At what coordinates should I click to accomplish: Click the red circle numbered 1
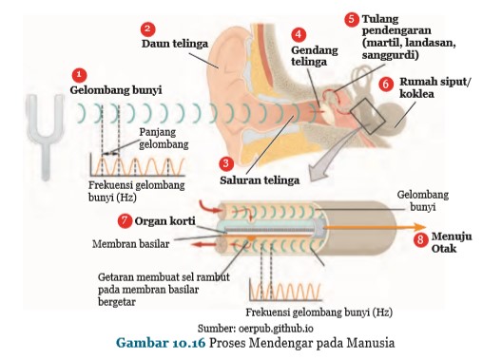click(80, 75)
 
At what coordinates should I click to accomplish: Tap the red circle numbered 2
click(147, 29)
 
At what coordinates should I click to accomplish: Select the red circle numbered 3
click(226, 163)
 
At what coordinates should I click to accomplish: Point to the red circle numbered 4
click(299, 34)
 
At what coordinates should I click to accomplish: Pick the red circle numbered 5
click(352, 19)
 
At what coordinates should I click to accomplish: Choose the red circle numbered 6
click(386, 85)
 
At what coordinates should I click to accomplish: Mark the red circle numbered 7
click(125, 220)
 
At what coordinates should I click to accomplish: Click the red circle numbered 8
click(420, 239)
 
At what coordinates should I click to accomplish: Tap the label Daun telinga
click(175, 44)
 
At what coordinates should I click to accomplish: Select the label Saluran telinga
click(260, 180)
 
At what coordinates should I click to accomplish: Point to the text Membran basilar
click(130, 244)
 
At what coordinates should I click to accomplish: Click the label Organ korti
click(164, 221)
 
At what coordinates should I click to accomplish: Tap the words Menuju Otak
click(452, 242)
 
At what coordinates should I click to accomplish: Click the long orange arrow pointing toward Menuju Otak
click(375, 227)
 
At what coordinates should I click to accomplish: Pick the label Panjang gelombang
click(164, 138)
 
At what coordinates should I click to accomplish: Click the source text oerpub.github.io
click(276, 329)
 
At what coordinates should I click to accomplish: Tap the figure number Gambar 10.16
click(161, 343)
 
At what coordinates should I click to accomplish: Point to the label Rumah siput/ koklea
click(435, 87)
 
